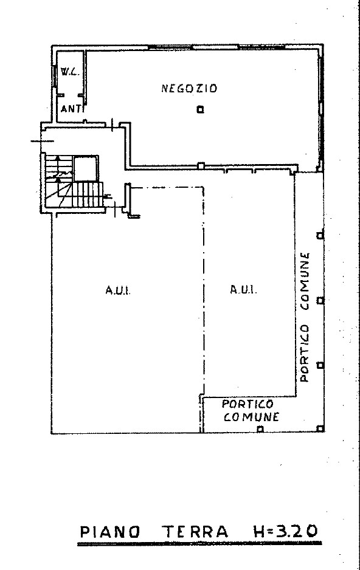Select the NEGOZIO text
click(189, 88)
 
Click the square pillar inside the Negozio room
click(200, 109)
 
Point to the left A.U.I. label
click(118, 290)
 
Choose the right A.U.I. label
click(243, 290)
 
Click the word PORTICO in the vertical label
click(305, 353)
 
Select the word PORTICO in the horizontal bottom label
click(247, 404)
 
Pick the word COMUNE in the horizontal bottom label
click(251, 417)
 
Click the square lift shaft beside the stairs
click(86, 168)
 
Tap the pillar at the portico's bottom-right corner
click(320, 429)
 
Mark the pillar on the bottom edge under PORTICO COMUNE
click(260, 429)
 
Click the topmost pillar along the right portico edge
click(320, 236)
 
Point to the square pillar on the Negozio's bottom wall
click(201, 166)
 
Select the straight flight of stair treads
click(88, 194)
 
